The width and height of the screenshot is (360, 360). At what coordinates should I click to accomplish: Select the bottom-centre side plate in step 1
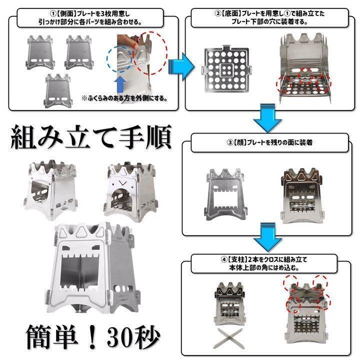click(x=63, y=92)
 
